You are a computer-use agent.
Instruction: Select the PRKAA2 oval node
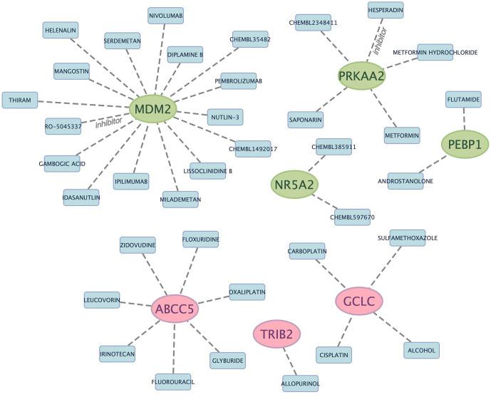pyautogui.click(x=361, y=76)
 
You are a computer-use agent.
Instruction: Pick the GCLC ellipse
pyautogui.click(x=359, y=301)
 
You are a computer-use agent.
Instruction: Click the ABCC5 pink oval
pyautogui.click(x=175, y=309)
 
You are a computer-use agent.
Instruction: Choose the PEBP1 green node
pyautogui.click(x=465, y=143)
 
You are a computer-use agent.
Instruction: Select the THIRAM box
pyautogui.click(x=20, y=100)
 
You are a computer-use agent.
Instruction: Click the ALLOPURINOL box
pyautogui.click(x=301, y=384)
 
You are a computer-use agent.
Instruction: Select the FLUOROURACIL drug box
pyautogui.click(x=175, y=382)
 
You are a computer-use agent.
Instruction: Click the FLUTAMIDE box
pyautogui.click(x=463, y=100)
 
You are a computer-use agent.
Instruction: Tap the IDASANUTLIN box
pyautogui.click(x=81, y=198)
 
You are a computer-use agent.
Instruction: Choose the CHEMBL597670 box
pyautogui.click(x=353, y=217)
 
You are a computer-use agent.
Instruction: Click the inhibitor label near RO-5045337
pyautogui.click(x=109, y=123)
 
